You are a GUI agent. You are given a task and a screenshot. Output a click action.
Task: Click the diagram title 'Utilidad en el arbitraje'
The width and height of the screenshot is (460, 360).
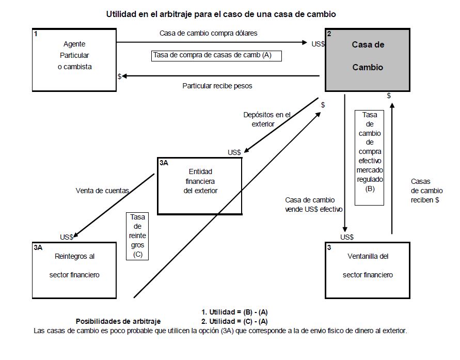coord(221,14)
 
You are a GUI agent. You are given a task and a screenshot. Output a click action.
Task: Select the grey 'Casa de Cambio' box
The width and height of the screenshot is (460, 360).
coord(368,60)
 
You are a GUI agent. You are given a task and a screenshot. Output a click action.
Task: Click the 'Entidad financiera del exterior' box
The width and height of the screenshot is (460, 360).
coord(200,185)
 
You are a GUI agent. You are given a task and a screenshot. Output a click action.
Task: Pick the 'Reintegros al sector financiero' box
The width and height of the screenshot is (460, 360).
coord(74,270)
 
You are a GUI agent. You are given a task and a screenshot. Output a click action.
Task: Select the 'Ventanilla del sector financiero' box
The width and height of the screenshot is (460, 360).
coord(367,270)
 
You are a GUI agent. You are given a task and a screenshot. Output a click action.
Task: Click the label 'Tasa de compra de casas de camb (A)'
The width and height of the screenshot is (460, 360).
coord(216,55)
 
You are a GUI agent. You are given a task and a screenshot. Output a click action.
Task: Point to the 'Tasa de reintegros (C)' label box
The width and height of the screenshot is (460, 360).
coord(137,236)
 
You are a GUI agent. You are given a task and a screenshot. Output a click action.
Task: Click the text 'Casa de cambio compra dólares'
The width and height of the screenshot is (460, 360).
coord(209,33)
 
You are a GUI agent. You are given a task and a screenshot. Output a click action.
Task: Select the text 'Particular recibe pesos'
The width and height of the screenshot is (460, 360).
coord(217,86)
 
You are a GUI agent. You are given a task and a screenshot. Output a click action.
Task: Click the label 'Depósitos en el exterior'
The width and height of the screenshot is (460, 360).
coord(267,119)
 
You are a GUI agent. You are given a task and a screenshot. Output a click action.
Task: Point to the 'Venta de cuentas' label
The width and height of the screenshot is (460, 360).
coord(102,191)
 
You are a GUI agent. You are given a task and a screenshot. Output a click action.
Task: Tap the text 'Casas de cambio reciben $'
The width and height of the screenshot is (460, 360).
coord(425,191)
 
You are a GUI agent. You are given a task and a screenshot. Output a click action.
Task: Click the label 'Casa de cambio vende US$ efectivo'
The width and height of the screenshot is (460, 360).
coord(310,205)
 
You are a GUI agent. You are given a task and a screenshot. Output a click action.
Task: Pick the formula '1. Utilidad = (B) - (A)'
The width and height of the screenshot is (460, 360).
coord(234,312)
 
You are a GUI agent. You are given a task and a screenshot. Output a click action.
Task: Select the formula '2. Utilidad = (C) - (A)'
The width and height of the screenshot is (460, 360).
coord(234,321)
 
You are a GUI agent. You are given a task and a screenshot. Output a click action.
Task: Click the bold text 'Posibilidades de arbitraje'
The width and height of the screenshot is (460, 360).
coord(118,321)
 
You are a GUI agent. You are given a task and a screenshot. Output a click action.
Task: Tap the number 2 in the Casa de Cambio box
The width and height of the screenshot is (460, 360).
coord(329,34)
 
